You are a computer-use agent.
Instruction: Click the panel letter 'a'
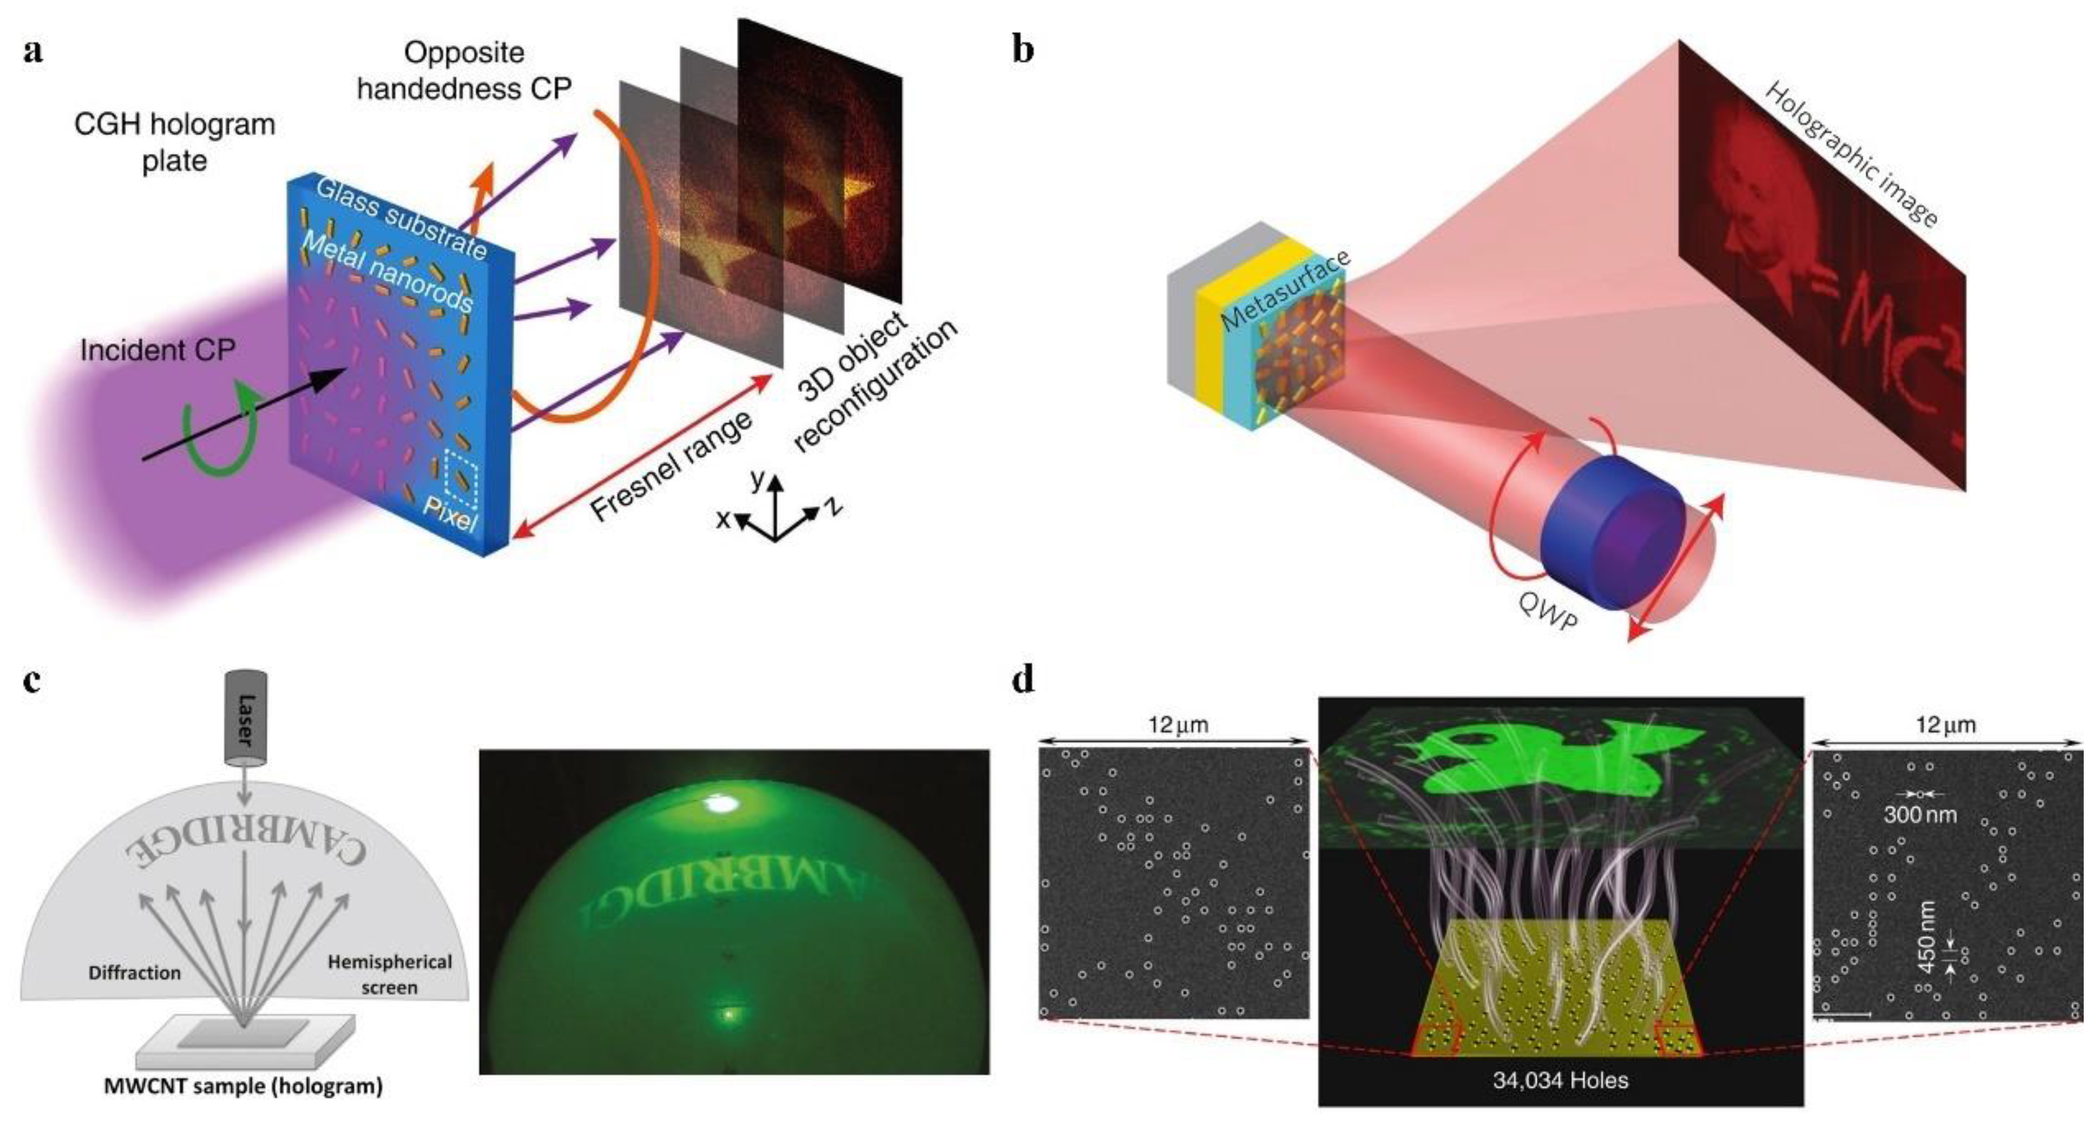33,51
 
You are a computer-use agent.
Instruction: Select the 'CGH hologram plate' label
174,142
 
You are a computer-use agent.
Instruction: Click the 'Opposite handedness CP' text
464,70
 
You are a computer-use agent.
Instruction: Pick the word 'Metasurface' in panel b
1286,290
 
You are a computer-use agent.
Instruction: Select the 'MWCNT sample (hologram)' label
243,1086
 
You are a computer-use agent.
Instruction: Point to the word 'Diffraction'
135,972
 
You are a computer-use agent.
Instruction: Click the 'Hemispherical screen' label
389,974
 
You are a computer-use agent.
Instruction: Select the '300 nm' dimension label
1920,814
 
